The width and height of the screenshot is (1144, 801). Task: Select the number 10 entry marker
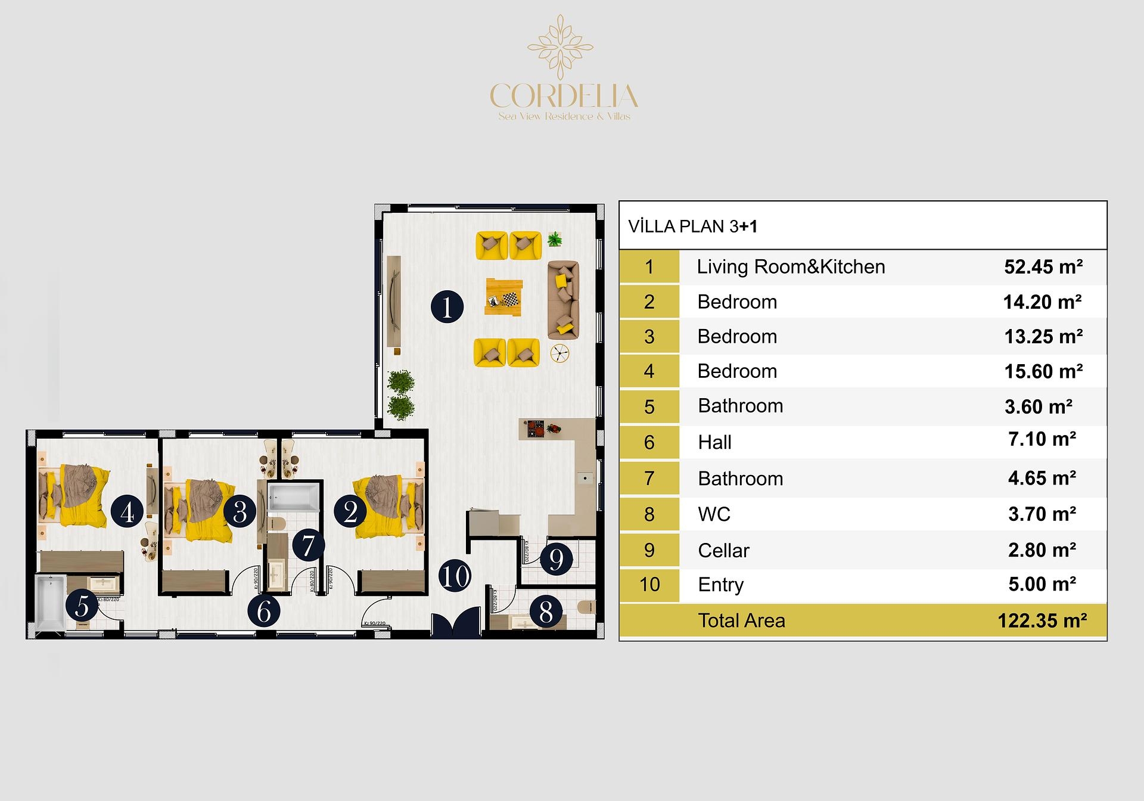click(455, 576)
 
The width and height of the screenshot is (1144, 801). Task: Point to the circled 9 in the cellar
click(556, 559)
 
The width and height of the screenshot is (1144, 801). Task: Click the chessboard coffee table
click(504, 297)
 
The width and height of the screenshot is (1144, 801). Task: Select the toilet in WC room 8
click(586, 607)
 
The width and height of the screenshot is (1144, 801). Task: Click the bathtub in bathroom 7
click(293, 496)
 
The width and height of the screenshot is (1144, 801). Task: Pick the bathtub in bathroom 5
click(50, 602)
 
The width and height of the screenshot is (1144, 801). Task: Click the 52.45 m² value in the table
click(1043, 267)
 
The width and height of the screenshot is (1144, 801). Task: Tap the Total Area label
click(741, 621)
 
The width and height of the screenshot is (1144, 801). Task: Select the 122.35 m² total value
click(1042, 621)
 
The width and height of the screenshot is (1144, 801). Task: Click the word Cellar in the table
click(723, 551)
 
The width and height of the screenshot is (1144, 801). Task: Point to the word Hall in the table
click(714, 442)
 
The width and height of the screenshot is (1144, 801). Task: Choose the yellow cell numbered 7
click(649, 479)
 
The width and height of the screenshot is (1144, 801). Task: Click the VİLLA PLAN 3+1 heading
click(693, 226)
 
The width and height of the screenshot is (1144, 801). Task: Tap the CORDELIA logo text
click(564, 97)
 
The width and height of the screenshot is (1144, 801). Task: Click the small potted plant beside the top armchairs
click(555, 240)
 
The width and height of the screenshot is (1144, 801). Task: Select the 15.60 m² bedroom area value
click(1043, 372)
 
